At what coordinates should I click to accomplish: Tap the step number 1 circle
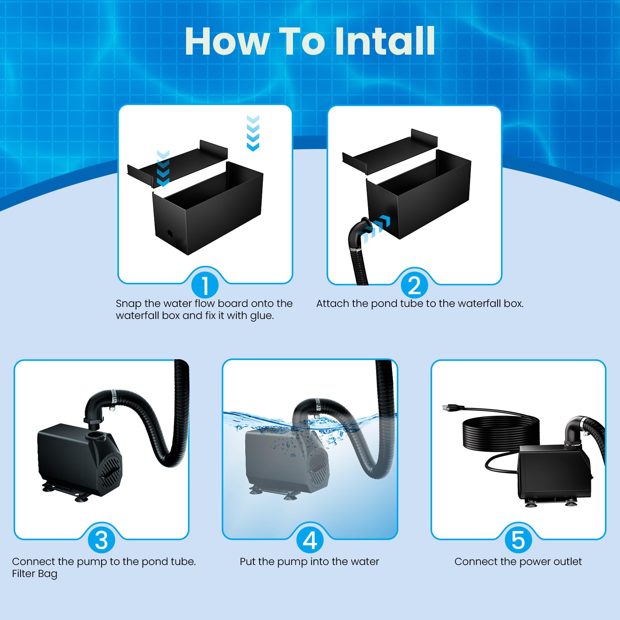click(205, 285)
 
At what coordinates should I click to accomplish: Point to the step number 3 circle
click(101, 540)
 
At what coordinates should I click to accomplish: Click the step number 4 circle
click(310, 540)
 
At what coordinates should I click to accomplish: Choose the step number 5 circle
click(518, 540)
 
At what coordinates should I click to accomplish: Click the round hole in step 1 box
click(170, 233)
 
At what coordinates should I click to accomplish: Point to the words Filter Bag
click(34, 574)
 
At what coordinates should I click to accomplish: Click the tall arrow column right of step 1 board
click(253, 133)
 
